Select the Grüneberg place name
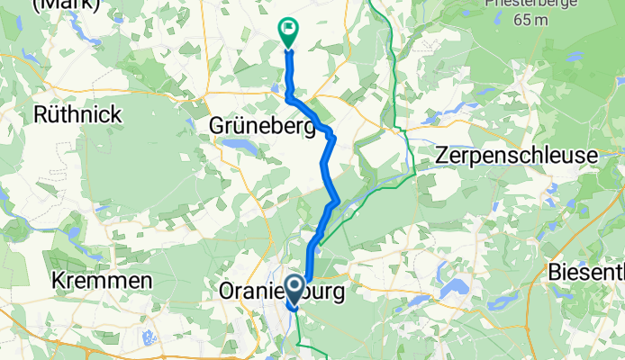261,126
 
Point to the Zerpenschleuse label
516,155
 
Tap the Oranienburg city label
282,292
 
